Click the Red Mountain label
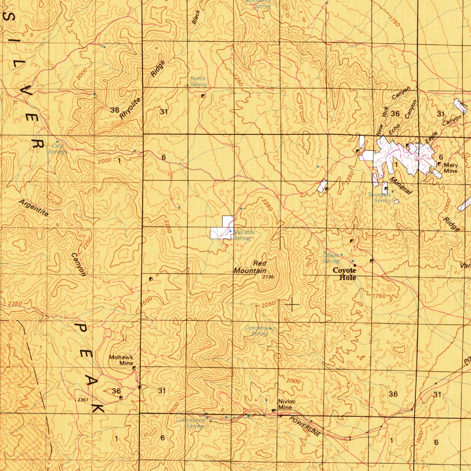pos(250,267)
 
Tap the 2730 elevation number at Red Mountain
pos(268,277)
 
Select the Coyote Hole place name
pos(345,274)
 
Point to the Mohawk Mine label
pos(121,360)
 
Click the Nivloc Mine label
pos(285,404)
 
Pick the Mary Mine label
pos(451,167)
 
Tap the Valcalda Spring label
pos(243,235)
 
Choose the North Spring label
pos(198,82)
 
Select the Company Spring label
pos(256,330)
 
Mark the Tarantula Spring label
pos(379,197)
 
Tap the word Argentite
pos(34,208)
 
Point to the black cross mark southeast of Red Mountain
pos(292,304)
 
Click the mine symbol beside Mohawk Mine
pos(134,368)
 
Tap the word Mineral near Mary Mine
pos(400,185)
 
